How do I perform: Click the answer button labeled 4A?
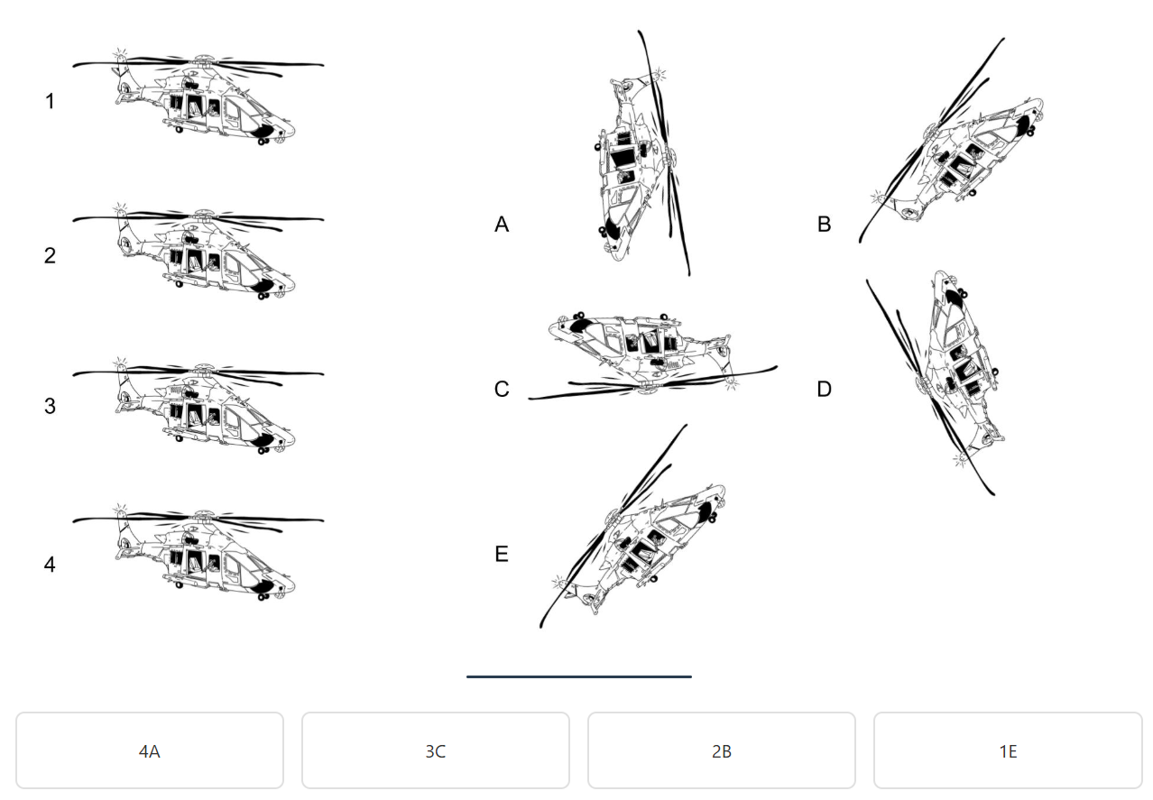point(150,750)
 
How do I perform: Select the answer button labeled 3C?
point(436,750)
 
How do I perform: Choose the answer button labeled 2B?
point(722,750)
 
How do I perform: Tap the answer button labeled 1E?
point(1008,750)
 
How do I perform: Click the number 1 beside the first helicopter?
point(50,101)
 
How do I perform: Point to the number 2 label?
point(50,255)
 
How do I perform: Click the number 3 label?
point(50,406)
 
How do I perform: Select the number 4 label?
point(50,565)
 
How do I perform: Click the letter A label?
point(502,225)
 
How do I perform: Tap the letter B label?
point(824,225)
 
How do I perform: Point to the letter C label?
point(502,389)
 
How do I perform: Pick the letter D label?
point(824,389)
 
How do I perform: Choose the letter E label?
point(502,554)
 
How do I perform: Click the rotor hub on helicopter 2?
point(205,214)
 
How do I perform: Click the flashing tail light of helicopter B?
point(878,197)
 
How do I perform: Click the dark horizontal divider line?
point(579,677)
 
